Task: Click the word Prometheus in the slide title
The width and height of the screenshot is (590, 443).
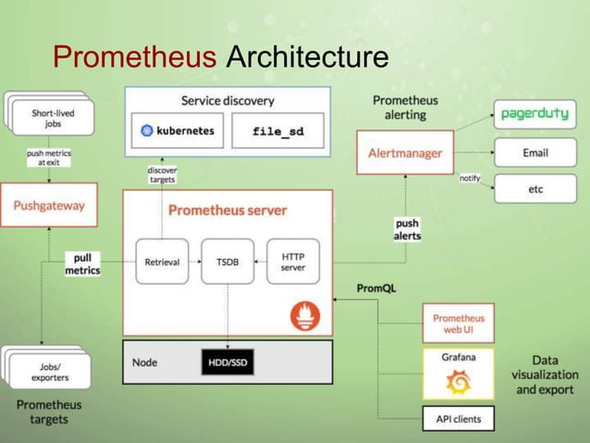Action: [135, 57]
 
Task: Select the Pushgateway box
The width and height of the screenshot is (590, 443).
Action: [47, 206]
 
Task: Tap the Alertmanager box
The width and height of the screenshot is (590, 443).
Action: [404, 153]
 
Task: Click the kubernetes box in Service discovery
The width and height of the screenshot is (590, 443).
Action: [178, 131]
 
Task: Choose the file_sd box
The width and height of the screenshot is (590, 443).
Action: [277, 131]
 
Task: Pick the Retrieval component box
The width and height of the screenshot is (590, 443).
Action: [162, 262]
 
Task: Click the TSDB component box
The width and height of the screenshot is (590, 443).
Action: [227, 262]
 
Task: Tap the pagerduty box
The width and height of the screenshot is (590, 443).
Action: [535, 116]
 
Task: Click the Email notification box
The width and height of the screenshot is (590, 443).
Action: [535, 152]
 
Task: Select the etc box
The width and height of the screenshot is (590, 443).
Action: [535, 188]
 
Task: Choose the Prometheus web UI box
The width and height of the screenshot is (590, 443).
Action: [458, 324]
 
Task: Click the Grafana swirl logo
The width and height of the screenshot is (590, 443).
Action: [458, 381]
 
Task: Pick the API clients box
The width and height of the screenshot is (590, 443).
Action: [458, 419]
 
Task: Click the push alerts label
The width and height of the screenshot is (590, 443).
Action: [407, 229]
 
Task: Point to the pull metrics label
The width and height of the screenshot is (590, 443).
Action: [82, 264]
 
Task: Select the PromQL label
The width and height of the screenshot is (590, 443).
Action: [376, 289]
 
